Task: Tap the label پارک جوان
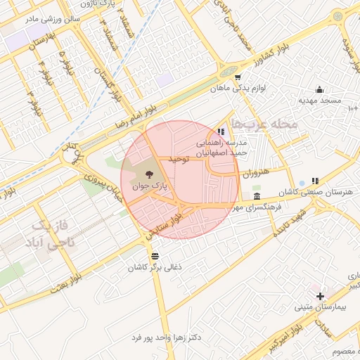(148, 187)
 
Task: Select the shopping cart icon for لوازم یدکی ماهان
(238, 77)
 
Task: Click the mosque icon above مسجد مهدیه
(320, 89)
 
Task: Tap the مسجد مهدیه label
(320, 101)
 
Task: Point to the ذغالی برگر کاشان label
(155, 267)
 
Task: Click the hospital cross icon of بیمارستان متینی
(320, 296)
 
